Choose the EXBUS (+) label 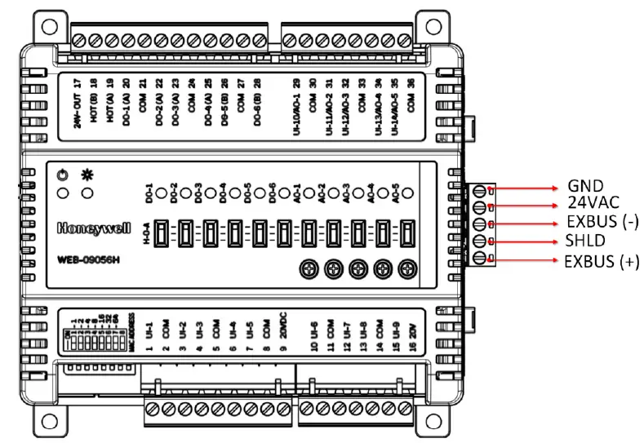coord(602,261)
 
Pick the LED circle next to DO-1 coord(162,194)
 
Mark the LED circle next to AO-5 coord(410,194)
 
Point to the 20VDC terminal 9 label coord(282,337)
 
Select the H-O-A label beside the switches coord(147,233)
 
